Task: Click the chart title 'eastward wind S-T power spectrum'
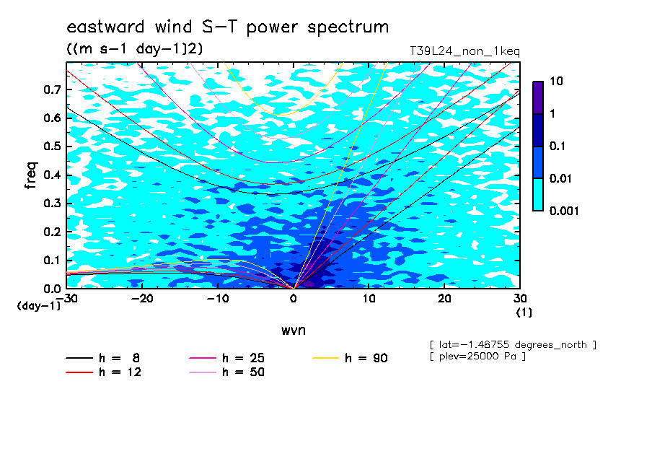pos(227,27)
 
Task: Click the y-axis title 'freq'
pos(31,175)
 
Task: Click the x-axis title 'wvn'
pos(294,331)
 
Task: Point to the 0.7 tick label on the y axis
pos(52,89)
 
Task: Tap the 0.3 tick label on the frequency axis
pos(52,203)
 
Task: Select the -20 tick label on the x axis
pos(142,299)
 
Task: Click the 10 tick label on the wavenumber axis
pos(369,299)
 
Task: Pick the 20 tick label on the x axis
pos(444,299)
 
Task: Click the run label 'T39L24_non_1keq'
pos(465,51)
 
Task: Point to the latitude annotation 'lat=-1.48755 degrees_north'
pos(513,345)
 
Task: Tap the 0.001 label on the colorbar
pos(564,211)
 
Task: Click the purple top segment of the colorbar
pos(538,98)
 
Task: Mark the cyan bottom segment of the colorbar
pos(538,195)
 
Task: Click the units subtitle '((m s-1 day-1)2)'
pos(135,49)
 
